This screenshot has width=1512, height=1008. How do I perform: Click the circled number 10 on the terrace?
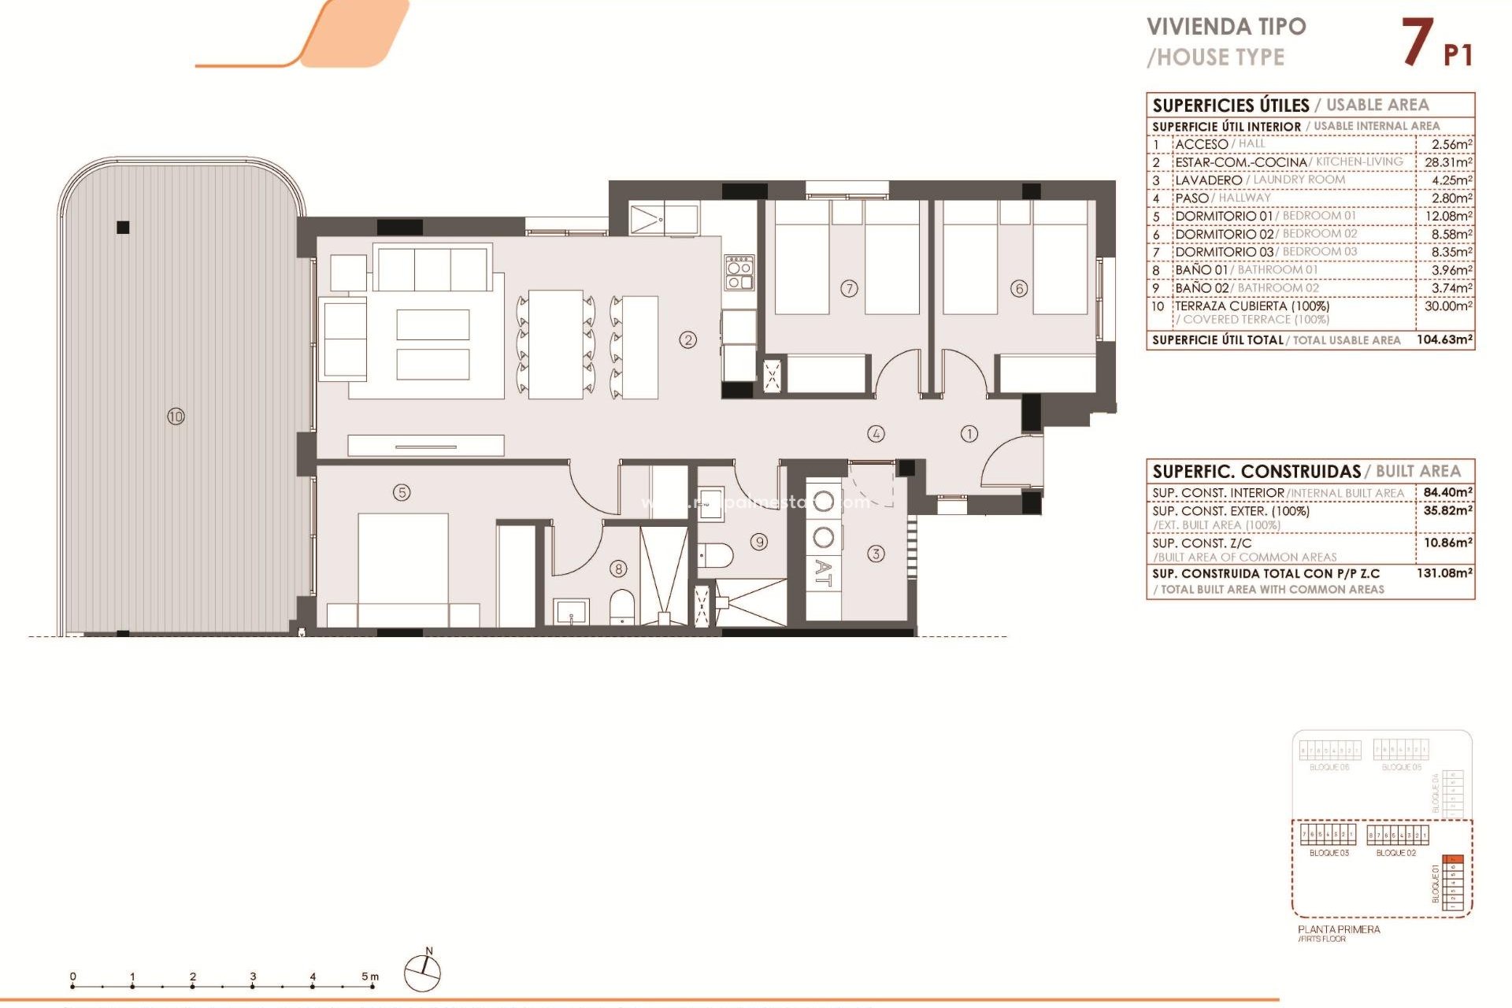(x=176, y=416)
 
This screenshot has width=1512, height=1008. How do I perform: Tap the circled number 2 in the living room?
(x=688, y=339)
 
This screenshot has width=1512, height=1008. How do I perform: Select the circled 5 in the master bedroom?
(x=402, y=492)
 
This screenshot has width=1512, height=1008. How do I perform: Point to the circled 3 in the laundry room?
(x=876, y=554)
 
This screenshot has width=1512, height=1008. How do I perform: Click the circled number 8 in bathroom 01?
(x=619, y=569)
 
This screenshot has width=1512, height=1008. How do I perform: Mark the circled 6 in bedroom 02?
(x=1019, y=288)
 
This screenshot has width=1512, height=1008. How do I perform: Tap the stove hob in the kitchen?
(x=739, y=272)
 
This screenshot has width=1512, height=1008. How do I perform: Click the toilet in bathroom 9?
(x=716, y=555)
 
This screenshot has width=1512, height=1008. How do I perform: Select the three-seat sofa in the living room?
(x=432, y=269)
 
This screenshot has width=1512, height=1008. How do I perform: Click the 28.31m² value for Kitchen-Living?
(x=1447, y=162)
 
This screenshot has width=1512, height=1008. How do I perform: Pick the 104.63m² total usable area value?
(x=1443, y=340)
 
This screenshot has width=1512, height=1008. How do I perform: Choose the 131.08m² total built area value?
(x=1443, y=573)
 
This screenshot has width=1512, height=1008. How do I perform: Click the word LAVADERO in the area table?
(x=1208, y=180)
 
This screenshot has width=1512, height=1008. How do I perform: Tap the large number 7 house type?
(x=1417, y=43)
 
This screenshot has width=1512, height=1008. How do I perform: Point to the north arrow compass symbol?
(x=423, y=973)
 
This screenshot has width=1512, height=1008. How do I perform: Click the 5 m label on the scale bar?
(x=369, y=976)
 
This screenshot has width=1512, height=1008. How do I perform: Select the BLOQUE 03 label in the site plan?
(x=1329, y=853)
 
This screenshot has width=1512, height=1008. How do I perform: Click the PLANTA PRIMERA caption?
(x=1339, y=929)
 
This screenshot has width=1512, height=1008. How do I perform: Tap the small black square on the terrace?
(x=123, y=228)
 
